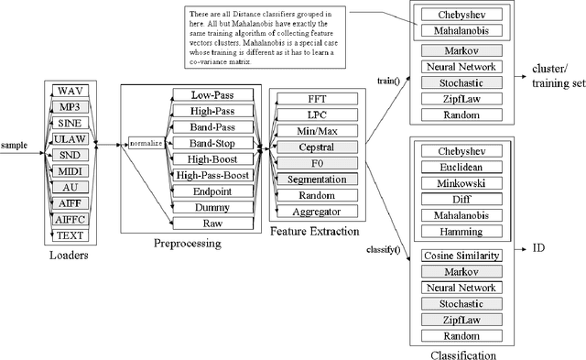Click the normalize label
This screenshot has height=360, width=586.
(145, 143)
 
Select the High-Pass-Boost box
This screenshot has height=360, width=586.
(212, 176)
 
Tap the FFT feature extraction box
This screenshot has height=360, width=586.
(315, 99)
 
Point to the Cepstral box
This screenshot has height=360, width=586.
(315, 147)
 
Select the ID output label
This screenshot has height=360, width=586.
(540, 247)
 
